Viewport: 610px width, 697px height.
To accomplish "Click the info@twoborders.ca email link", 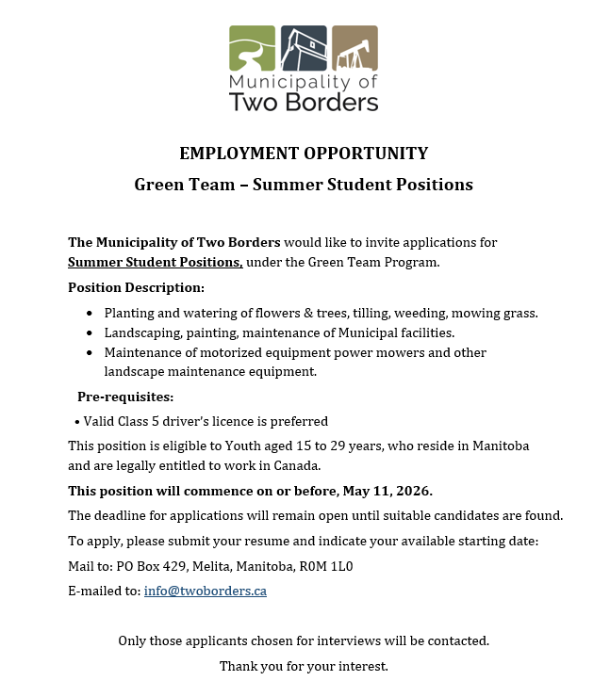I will pyautogui.click(x=205, y=592).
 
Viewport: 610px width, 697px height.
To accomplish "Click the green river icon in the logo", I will pyautogui.click(x=253, y=48).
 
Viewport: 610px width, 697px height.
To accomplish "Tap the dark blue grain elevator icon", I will pyautogui.click(x=304, y=48).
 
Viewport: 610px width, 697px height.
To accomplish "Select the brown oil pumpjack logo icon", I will pyautogui.click(x=354, y=48).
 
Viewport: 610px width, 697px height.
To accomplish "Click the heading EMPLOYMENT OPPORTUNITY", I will pyautogui.click(x=304, y=154).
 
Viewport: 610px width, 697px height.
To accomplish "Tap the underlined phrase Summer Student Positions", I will pyautogui.click(x=156, y=262).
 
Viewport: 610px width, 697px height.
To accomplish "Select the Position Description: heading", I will pyautogui.click(x=136, y=286).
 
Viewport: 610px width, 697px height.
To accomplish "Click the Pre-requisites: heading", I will pyautogui.click(x=125, y=397).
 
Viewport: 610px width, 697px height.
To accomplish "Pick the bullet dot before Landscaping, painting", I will pyautogui.click(x=90, y=333).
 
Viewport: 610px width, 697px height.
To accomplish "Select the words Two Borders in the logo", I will pyautogui.click(x=304, y=101).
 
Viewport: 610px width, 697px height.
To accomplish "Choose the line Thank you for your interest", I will pyautogui.click(x=304, y=667).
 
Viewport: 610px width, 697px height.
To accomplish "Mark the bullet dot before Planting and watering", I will pyautogui.click(x=90, y=313).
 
